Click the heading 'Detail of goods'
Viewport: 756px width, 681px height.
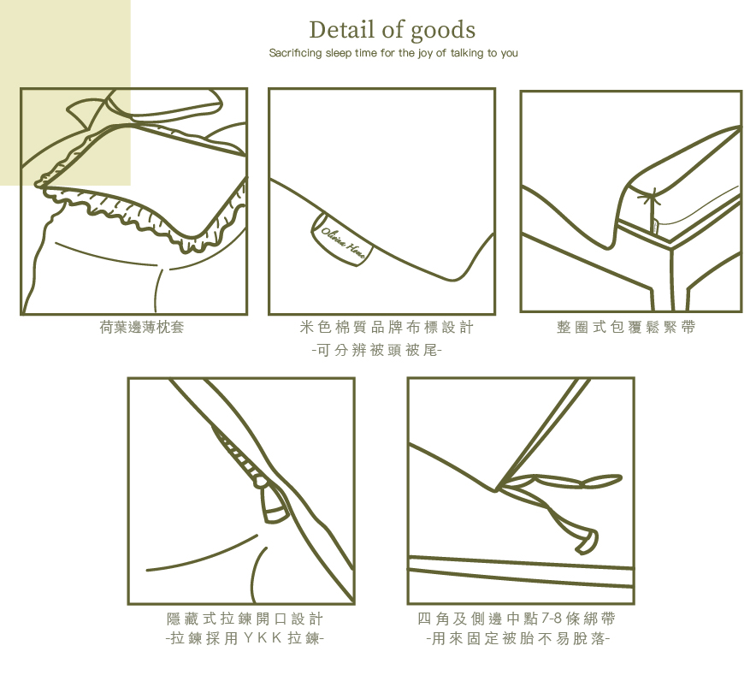point(392,30)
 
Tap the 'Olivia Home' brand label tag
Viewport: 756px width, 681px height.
point(342,239)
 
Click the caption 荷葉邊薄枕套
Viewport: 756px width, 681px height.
point(141,327)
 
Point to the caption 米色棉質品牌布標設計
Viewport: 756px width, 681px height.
point(387,327)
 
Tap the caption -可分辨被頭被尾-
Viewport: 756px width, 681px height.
point(377,350)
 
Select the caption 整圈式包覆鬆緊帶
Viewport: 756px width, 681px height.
point(626,327)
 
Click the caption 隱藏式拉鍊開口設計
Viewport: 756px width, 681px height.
point(245,619)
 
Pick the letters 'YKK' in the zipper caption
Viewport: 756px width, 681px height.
point(263,638)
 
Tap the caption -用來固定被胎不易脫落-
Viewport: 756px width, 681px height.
point(517,638)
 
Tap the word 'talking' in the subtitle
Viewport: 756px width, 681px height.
point(466,52)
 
